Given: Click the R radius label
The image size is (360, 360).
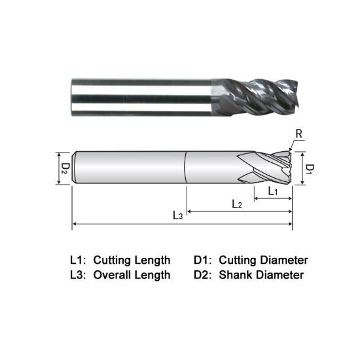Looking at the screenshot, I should pos(299,135).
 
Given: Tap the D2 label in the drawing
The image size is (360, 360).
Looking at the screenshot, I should pos(64,168).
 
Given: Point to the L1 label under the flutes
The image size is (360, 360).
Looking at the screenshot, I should pos(273,190).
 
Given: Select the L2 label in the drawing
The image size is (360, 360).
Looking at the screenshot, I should pos(237,204).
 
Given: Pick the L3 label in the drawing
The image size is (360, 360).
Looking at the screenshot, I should pos(177,215).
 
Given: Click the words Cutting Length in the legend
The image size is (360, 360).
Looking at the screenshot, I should pos(132,260).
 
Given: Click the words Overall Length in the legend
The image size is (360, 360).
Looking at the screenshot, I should pos(132,275).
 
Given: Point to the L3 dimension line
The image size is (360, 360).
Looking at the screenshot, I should pos(131,225).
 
